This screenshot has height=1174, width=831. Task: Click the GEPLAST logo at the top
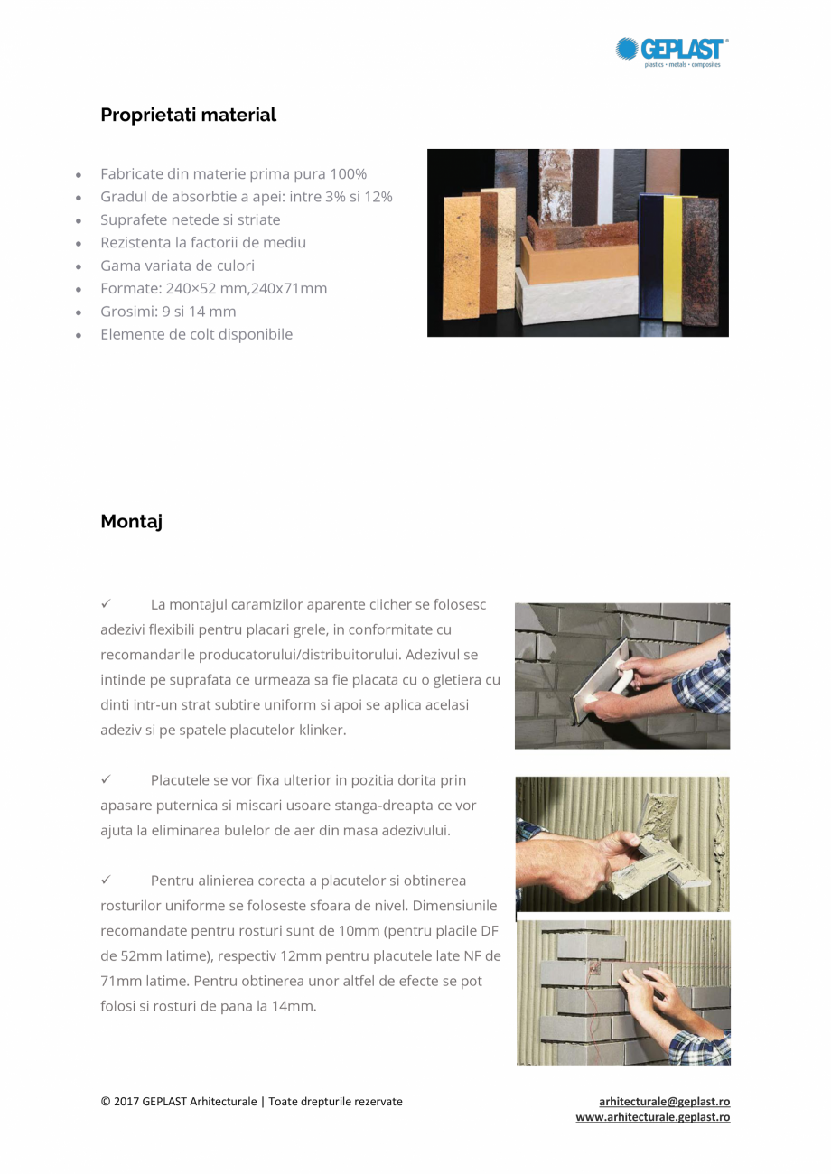tap(672, 51)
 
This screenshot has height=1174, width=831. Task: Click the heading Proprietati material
tap(188, 115)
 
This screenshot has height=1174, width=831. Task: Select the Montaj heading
tap(131, 521)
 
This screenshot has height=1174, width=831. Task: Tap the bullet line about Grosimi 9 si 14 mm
tap(168, 312)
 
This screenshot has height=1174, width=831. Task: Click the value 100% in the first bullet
tap(348, 173)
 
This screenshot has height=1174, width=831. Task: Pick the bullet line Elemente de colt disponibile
tap(196, 334)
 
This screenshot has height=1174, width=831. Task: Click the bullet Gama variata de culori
tap(177, 266)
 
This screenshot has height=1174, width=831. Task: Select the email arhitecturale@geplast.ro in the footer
tap(664, 1102)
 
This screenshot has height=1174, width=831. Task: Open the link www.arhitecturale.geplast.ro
tap(652, 1117)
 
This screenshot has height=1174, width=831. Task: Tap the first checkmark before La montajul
tap(106, 603)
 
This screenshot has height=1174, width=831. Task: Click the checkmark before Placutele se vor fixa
tap(106, 779)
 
